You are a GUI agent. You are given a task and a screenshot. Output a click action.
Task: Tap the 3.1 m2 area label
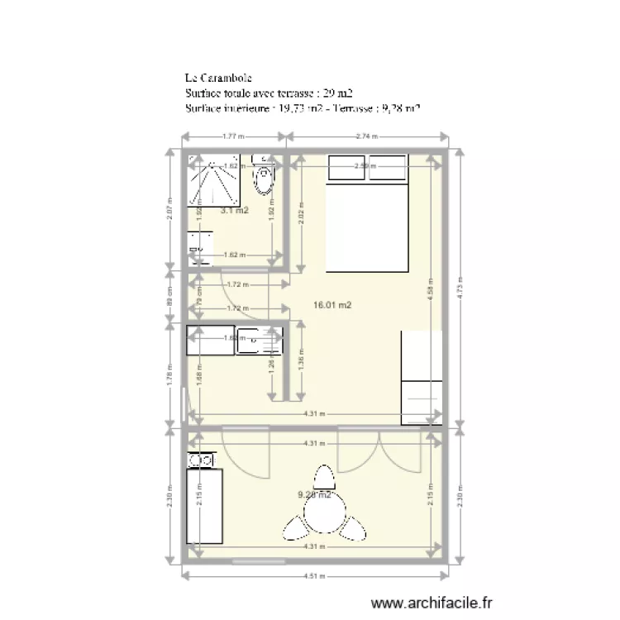pos(234,211)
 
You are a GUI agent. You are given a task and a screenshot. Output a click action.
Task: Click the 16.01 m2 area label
pos(332,305)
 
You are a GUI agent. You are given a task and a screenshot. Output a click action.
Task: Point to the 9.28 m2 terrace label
pos(314,495)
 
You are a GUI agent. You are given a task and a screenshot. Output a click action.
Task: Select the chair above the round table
pos(323,478)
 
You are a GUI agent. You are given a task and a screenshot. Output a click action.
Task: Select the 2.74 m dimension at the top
pos(366,137)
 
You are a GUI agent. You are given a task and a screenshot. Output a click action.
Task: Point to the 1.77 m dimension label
pos(231,137)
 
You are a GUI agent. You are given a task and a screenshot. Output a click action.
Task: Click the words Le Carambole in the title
pos(213,79)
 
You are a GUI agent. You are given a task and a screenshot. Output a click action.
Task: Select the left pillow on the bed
pos(348,167)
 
